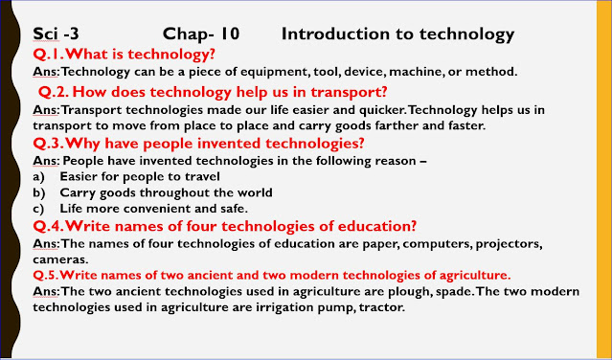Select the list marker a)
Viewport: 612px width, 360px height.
[x=38, y=176]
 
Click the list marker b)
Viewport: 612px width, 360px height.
[x=38, y=192]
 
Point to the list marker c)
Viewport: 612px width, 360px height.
[x=38, y=209]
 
